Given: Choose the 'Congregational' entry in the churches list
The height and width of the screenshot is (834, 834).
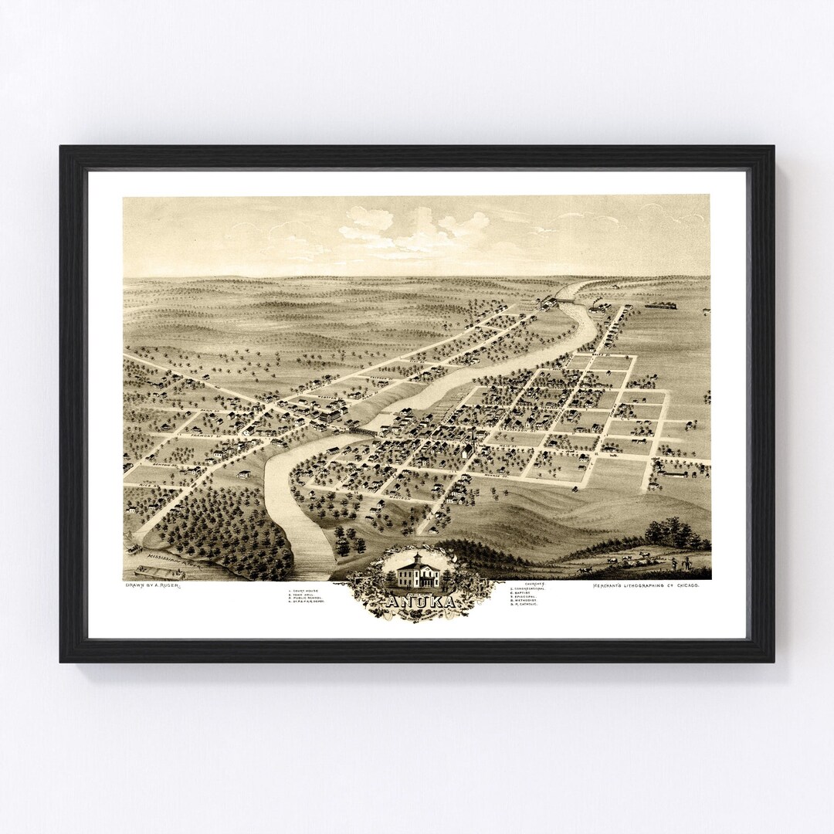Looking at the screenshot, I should click(x=534, y=588).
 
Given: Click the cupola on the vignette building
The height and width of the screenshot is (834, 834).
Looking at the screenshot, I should click(x=418, y=557).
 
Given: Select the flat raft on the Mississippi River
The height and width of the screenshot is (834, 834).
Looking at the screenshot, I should click(x=159, y=573).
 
